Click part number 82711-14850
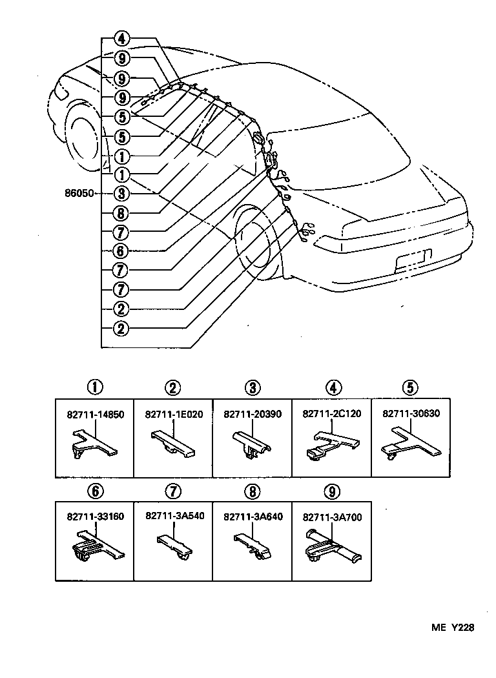[x=94, y=415]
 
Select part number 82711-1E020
[x=173, y=415]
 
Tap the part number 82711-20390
[x=253, y=415]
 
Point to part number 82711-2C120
[x=332, y=415]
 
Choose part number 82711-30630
[x=411, y=415]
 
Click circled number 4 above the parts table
[x=332, y=388]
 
